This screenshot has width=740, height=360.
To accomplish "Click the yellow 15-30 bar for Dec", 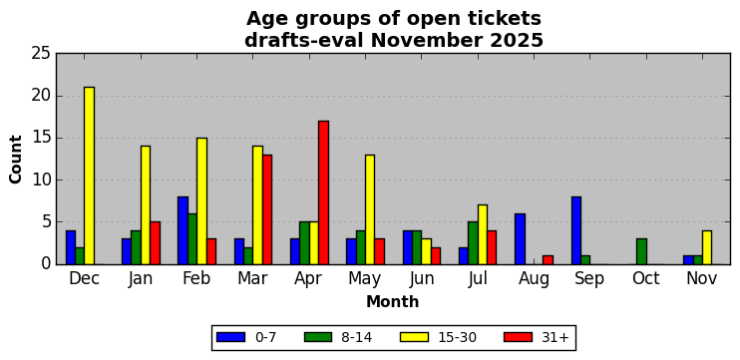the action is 89,176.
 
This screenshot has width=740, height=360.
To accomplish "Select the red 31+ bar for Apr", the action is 323,192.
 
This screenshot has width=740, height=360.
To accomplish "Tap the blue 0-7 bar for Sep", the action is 576,230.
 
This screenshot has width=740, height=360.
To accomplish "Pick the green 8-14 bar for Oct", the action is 641,251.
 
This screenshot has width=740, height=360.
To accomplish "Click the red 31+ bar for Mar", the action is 267,209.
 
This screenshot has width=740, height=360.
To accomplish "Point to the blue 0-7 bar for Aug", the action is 520,238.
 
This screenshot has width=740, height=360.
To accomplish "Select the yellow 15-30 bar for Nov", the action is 707,247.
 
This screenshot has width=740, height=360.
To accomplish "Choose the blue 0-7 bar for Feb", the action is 183,230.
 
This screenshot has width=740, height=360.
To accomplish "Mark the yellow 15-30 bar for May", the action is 370,209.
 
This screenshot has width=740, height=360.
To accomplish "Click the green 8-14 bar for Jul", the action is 473,243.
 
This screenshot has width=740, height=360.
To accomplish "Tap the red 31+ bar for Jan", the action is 155,243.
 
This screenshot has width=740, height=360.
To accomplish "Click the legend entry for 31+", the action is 535,337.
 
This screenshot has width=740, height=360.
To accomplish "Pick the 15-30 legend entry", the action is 438,337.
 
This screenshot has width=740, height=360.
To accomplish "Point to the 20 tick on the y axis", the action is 41,97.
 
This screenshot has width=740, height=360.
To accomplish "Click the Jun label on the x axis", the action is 422,279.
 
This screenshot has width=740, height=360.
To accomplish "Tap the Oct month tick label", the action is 646,278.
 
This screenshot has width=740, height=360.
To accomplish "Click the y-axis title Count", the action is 16,159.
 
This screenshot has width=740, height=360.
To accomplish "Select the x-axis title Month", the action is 393,301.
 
